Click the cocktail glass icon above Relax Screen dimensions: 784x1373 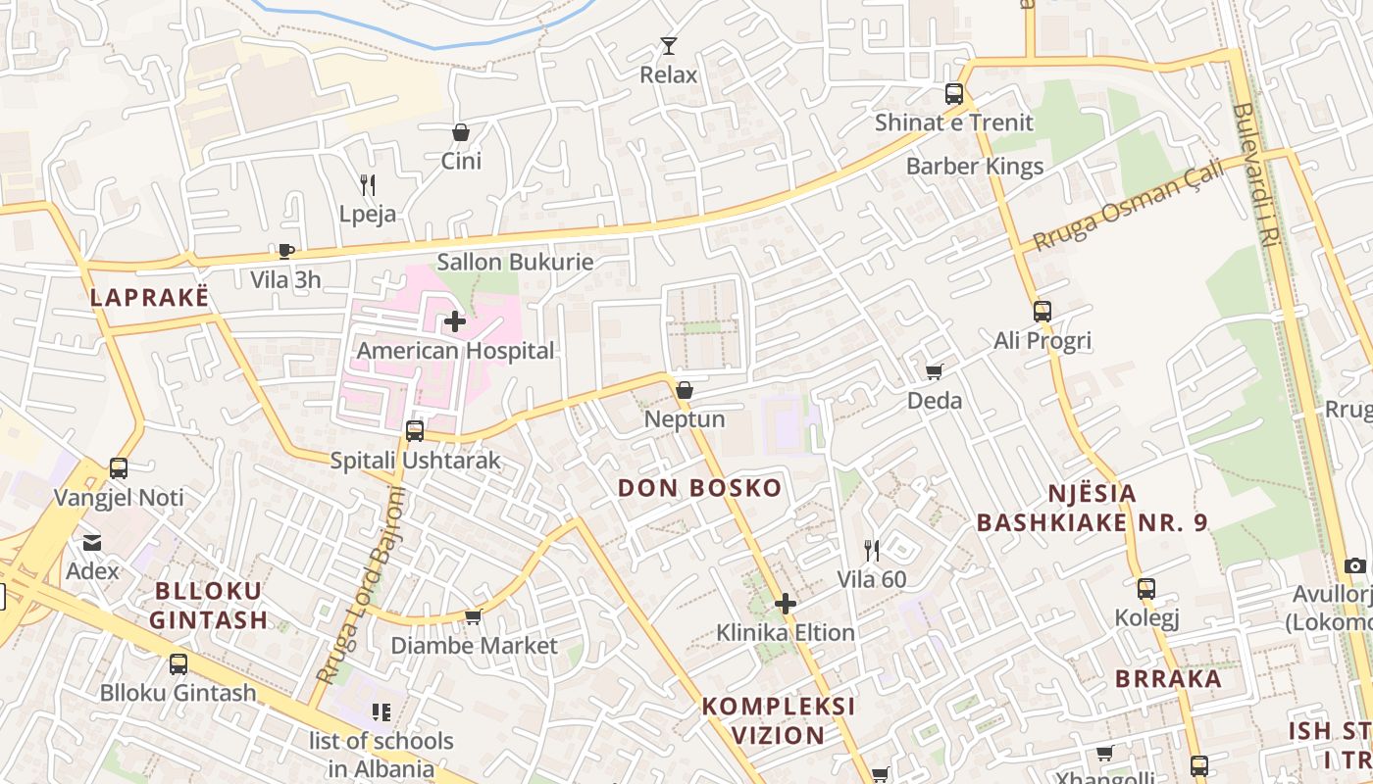pos(668,45)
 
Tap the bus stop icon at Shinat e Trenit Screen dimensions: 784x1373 pos(954,94)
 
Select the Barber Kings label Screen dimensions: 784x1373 pos(975,166)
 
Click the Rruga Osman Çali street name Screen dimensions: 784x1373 pos(1129,205)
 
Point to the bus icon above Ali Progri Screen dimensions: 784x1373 pos(1042,312)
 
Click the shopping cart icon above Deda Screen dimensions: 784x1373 pos(935,371)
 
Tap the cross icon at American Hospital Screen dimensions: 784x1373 pos(455,320)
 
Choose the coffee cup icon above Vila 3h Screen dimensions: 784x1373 pos(285,251)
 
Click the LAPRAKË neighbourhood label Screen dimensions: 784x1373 pos(150,298)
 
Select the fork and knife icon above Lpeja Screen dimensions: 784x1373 pos(368,184)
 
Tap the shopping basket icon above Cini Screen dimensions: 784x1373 pos(461,131)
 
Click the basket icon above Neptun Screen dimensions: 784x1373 pos(685,390)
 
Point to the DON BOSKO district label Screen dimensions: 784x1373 pos(699,488)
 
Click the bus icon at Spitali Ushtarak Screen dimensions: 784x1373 pos(415,431)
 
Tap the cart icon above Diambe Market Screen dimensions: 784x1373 pos(474,616)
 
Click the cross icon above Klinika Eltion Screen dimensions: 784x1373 pos(785,604)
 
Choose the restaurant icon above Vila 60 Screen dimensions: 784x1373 pos(871,550)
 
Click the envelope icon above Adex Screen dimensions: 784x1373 pos(92,542)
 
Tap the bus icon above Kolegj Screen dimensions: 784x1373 pos(1146,589)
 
